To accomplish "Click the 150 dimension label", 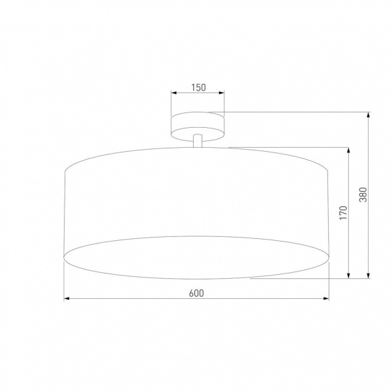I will tap(198, 87).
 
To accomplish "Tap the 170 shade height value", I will tap(343, 212).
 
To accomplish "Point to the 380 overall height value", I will tap(363, 194).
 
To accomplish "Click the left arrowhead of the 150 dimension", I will tap(174, 95).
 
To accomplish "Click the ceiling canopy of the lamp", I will tap(198, 124).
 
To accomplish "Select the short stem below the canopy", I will tap(198, 140).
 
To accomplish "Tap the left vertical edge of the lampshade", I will tap(64, 213).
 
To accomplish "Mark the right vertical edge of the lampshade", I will tap(329, 213).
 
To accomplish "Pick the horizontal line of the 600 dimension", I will tap(133, 299).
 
